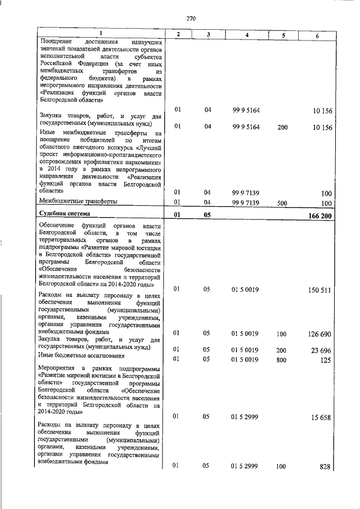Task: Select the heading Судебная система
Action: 65,214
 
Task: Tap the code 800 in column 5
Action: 282,359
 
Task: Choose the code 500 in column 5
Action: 282,202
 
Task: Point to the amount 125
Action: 326,360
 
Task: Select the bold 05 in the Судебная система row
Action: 207,215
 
